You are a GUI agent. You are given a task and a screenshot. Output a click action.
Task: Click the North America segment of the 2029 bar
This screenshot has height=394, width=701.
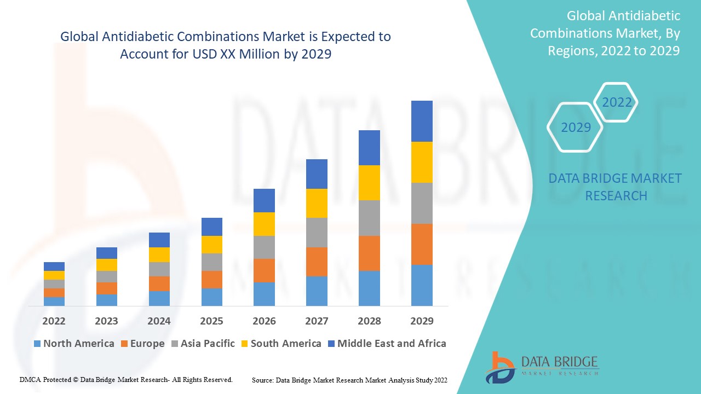coord(422,285)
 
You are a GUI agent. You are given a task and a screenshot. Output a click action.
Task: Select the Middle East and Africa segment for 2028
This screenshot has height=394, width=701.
coord(369,148)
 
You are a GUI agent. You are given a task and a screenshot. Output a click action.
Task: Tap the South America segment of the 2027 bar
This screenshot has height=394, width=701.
coord(317,203)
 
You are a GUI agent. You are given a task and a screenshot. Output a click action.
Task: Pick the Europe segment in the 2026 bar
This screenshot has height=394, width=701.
coord(264,270)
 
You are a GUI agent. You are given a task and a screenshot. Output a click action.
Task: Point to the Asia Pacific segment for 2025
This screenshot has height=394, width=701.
coord(212,262)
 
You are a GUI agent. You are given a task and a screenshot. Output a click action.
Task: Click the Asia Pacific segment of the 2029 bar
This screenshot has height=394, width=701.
coord(422,203)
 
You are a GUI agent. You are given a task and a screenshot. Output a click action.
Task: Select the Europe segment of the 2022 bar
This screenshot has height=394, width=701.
coord(54,293)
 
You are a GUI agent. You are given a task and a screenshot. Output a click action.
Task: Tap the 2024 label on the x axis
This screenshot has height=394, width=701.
coord(159,321)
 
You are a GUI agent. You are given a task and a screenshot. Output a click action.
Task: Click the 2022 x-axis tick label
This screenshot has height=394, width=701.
coord(54,321)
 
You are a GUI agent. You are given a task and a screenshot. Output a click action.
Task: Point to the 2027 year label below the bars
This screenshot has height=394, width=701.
coord(317,321)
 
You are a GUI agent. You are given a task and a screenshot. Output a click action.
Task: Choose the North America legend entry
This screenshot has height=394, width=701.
coord(74,344)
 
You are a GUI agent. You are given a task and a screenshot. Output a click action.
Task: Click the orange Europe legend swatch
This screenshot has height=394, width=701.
coord(125,344)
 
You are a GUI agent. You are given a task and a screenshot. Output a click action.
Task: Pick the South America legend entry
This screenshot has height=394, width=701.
coord(280,344)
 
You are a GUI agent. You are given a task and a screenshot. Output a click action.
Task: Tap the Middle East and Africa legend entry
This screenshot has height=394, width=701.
coord(386,344)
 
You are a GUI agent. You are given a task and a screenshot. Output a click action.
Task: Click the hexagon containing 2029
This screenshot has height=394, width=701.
coord(575,128)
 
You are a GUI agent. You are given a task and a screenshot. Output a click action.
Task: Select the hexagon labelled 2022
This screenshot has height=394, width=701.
coord(617,102)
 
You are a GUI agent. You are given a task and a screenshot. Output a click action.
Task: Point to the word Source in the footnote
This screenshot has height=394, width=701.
coord(262,380)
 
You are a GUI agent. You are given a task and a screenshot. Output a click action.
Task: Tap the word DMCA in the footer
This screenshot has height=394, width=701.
coord(30,379)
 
